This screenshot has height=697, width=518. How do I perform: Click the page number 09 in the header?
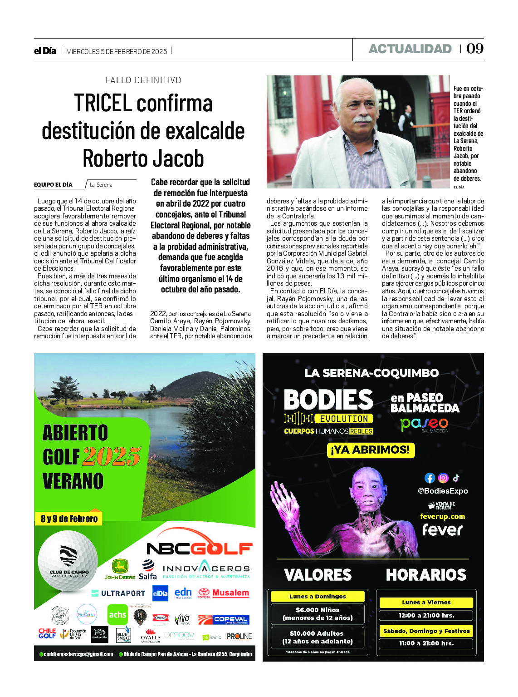pos(475,49)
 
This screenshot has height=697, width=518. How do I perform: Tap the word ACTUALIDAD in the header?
pos(410,49)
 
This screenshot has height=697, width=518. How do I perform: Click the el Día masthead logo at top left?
pos(45,51)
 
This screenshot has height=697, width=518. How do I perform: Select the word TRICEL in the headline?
pos(103,103)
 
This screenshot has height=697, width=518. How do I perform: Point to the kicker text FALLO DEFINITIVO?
pos(143,80)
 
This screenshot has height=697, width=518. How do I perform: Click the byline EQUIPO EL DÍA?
pos(53,185)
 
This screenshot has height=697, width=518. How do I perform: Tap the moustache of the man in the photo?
pos(363,119)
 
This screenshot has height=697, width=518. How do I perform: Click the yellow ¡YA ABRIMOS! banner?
pos(371,450)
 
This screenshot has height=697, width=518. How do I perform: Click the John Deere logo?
pos(120,570)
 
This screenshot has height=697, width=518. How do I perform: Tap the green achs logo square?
pos(117,614)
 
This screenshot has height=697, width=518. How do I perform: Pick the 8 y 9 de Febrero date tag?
pos(69,519)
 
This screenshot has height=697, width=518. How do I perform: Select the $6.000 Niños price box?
pos(318,614)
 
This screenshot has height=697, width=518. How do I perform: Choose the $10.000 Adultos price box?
pos(317,637)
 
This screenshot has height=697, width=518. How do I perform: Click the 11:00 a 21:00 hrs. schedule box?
pos(426,643)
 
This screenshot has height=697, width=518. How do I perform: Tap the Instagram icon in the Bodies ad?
pos(443,478)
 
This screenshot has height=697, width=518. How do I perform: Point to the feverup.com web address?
pos(442,516)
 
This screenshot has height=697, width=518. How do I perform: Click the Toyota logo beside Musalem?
pos(204,593)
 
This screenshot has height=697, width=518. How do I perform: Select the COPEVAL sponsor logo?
pos(224,619)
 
